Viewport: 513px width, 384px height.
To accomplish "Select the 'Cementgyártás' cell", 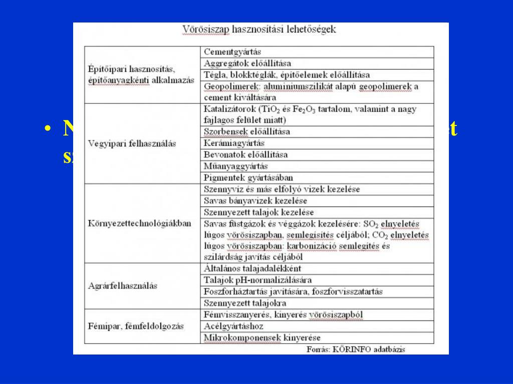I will click(x=232, y=52).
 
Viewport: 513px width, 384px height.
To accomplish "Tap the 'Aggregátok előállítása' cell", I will click(x=247, y=63).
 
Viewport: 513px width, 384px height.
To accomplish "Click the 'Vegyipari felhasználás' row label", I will click(x=132, y=143).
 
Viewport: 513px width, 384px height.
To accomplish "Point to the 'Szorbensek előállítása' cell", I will click(x=247, y=132).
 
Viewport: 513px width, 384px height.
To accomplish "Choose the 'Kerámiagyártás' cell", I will click(x=234, y=143).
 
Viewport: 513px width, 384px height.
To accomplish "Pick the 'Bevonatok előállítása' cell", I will click(x=246, y=155).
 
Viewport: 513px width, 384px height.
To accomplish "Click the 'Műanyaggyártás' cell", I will click(x=236, y=166).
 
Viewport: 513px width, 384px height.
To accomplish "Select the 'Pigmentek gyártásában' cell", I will click(x=248, y=177).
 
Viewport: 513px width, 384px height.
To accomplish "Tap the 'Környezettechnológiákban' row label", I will click(x=139, y=223).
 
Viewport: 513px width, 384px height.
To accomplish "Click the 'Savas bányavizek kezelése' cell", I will click(x=255, y=201).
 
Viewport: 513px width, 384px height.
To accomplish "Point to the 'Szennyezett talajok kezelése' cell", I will click(x=259, y=212).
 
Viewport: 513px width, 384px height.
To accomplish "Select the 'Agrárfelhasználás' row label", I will click(x=122, y=286).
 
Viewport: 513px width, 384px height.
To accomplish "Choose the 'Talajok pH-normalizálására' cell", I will click(x=258, y=280).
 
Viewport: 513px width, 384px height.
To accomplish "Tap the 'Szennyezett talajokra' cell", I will click(x=245, y=303).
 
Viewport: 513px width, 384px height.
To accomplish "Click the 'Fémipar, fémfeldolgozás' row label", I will click(x=135, y=326).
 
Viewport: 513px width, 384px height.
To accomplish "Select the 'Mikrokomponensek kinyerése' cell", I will click(x=262, y=337).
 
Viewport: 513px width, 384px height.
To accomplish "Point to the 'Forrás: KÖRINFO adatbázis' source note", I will click(x=356, y=349).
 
